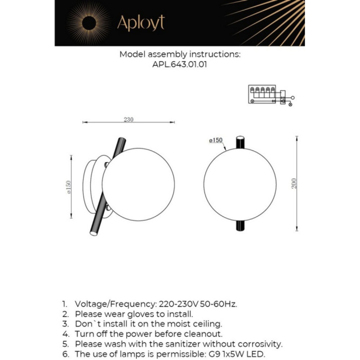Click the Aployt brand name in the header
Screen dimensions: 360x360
pyautogui.click(x=141, y=23)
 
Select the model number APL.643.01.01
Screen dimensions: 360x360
pyautogui.click(x=180, y=65)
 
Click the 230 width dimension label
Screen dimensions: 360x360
pyautogui.click(x=129, y=120)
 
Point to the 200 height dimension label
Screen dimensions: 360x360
pyautogui.click(x=293, y=184)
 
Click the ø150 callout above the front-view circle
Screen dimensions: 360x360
pyautogui.click(x=215, y=140)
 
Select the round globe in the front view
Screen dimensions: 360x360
pyautogui.click(x=240, y=184)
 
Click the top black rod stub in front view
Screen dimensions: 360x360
pyautogui.click(x=240, y=142)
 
